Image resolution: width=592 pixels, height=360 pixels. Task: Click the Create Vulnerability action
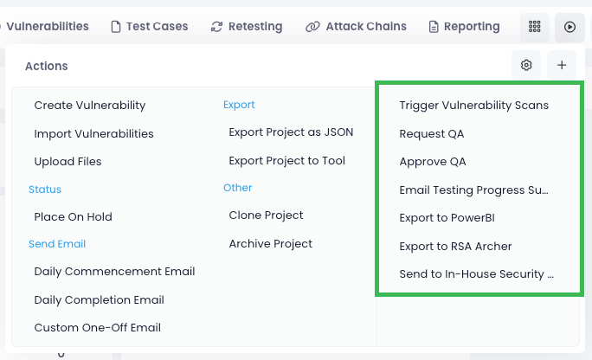point(90,106)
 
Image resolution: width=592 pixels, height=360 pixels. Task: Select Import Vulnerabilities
point(93,134)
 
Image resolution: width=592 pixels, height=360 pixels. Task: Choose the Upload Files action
point(68,162)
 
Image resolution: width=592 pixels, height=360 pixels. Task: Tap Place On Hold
point(73,217)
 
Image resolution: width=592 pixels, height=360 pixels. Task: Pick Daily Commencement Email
point(114,272)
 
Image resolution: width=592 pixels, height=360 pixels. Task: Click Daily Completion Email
point(99,300)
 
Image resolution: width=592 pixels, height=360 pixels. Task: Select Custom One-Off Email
point(97,328)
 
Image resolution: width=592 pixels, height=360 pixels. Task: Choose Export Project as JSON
point(291,132)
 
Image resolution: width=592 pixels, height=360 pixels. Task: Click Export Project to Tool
point(286,161)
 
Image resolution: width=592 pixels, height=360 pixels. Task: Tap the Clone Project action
point(266,215)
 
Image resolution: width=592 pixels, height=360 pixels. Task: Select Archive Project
point(270,244)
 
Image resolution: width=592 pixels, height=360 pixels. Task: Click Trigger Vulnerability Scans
point(473,106)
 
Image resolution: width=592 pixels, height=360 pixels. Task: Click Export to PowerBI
point(447,218)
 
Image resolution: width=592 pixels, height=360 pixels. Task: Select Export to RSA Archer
point(455,247)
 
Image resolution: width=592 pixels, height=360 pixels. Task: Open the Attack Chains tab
point(356,27)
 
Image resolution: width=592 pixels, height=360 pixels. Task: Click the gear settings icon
point(526,65)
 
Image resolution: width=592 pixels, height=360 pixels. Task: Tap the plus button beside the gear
point(562,65)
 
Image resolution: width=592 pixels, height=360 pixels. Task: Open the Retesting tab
point(247,27)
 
